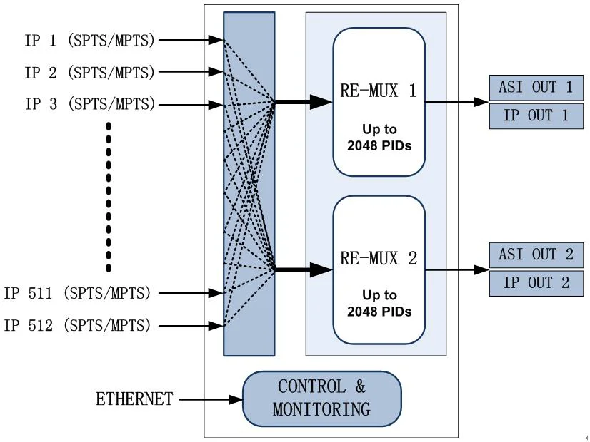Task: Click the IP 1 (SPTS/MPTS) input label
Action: point(89,41)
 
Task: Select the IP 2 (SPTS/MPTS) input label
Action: point(89,72)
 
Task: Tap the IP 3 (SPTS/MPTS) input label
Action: point(89,104)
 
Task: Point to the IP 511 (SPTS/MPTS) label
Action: point(78,292)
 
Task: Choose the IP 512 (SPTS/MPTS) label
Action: point(78,326)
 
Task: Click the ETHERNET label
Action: point(134,399)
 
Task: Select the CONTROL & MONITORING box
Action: point(321,399)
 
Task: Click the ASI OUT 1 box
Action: point(536,87)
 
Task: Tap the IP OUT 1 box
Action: point(536,115)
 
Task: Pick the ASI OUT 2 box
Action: point(536,255)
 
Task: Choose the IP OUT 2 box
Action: point(536,283)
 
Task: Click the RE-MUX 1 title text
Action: point(379,91)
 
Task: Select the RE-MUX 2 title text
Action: point(379,258)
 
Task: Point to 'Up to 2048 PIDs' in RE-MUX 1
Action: point(379,139)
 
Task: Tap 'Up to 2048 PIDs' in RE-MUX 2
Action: point(379,303)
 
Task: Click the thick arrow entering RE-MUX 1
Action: point(304,102)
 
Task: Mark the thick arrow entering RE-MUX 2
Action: point(304,269)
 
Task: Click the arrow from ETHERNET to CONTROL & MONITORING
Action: point(210,400)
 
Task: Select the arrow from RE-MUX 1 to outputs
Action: point(456,102)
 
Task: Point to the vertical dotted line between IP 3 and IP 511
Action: point(109,197)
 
